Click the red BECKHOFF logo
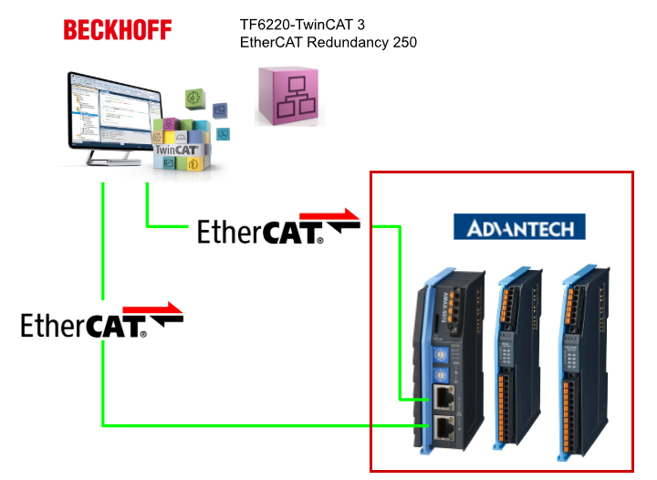[x=117, y=30]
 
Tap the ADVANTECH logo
[x=519, y=227]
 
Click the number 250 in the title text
[x=401, y=42]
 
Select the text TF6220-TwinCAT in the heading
[x=290, y=25]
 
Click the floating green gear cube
[x=193, y=98]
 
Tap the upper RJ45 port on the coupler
[x=443, y=397]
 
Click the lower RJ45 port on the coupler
[x=443, y=427]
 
